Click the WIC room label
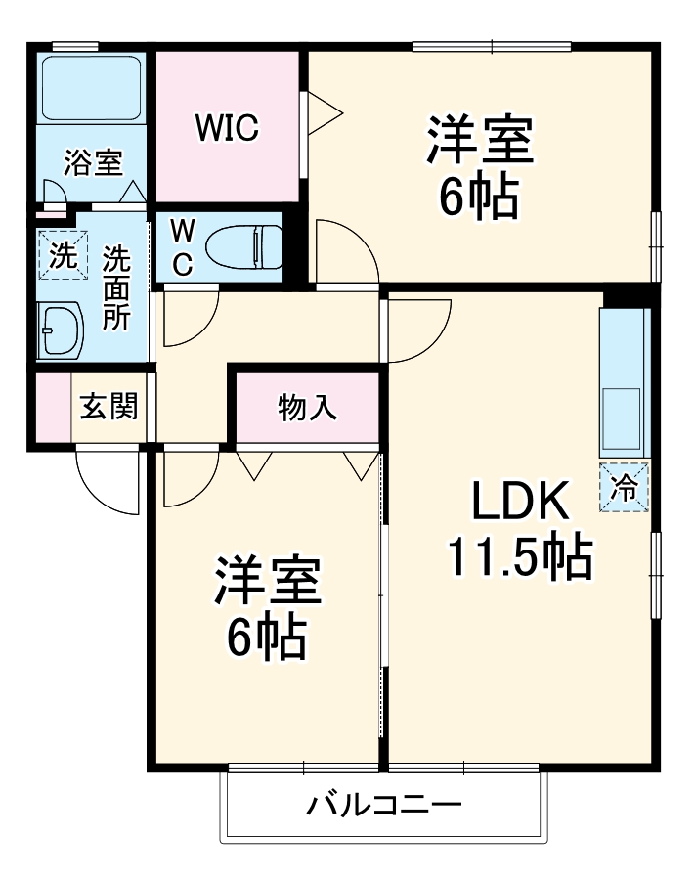pyautogui.click(x=226, y=127)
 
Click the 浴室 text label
pyautogui.click(x=92, y=162)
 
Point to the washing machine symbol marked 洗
pyautogui.click(x=61, y=256)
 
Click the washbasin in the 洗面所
pyautogui.click(x=61, y=331)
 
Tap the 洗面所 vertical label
pyautogui.click(x=116, y=287)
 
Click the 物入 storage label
pyautogui.click(x=307, y=407)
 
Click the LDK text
pyautogui.click(x=520, y=503)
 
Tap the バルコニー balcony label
pyautogui.click(x=384, y=807)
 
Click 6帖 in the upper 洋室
pyautogui.click(x=478, y=199)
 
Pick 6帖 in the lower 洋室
pyautogui.click(x=267, y=639)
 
